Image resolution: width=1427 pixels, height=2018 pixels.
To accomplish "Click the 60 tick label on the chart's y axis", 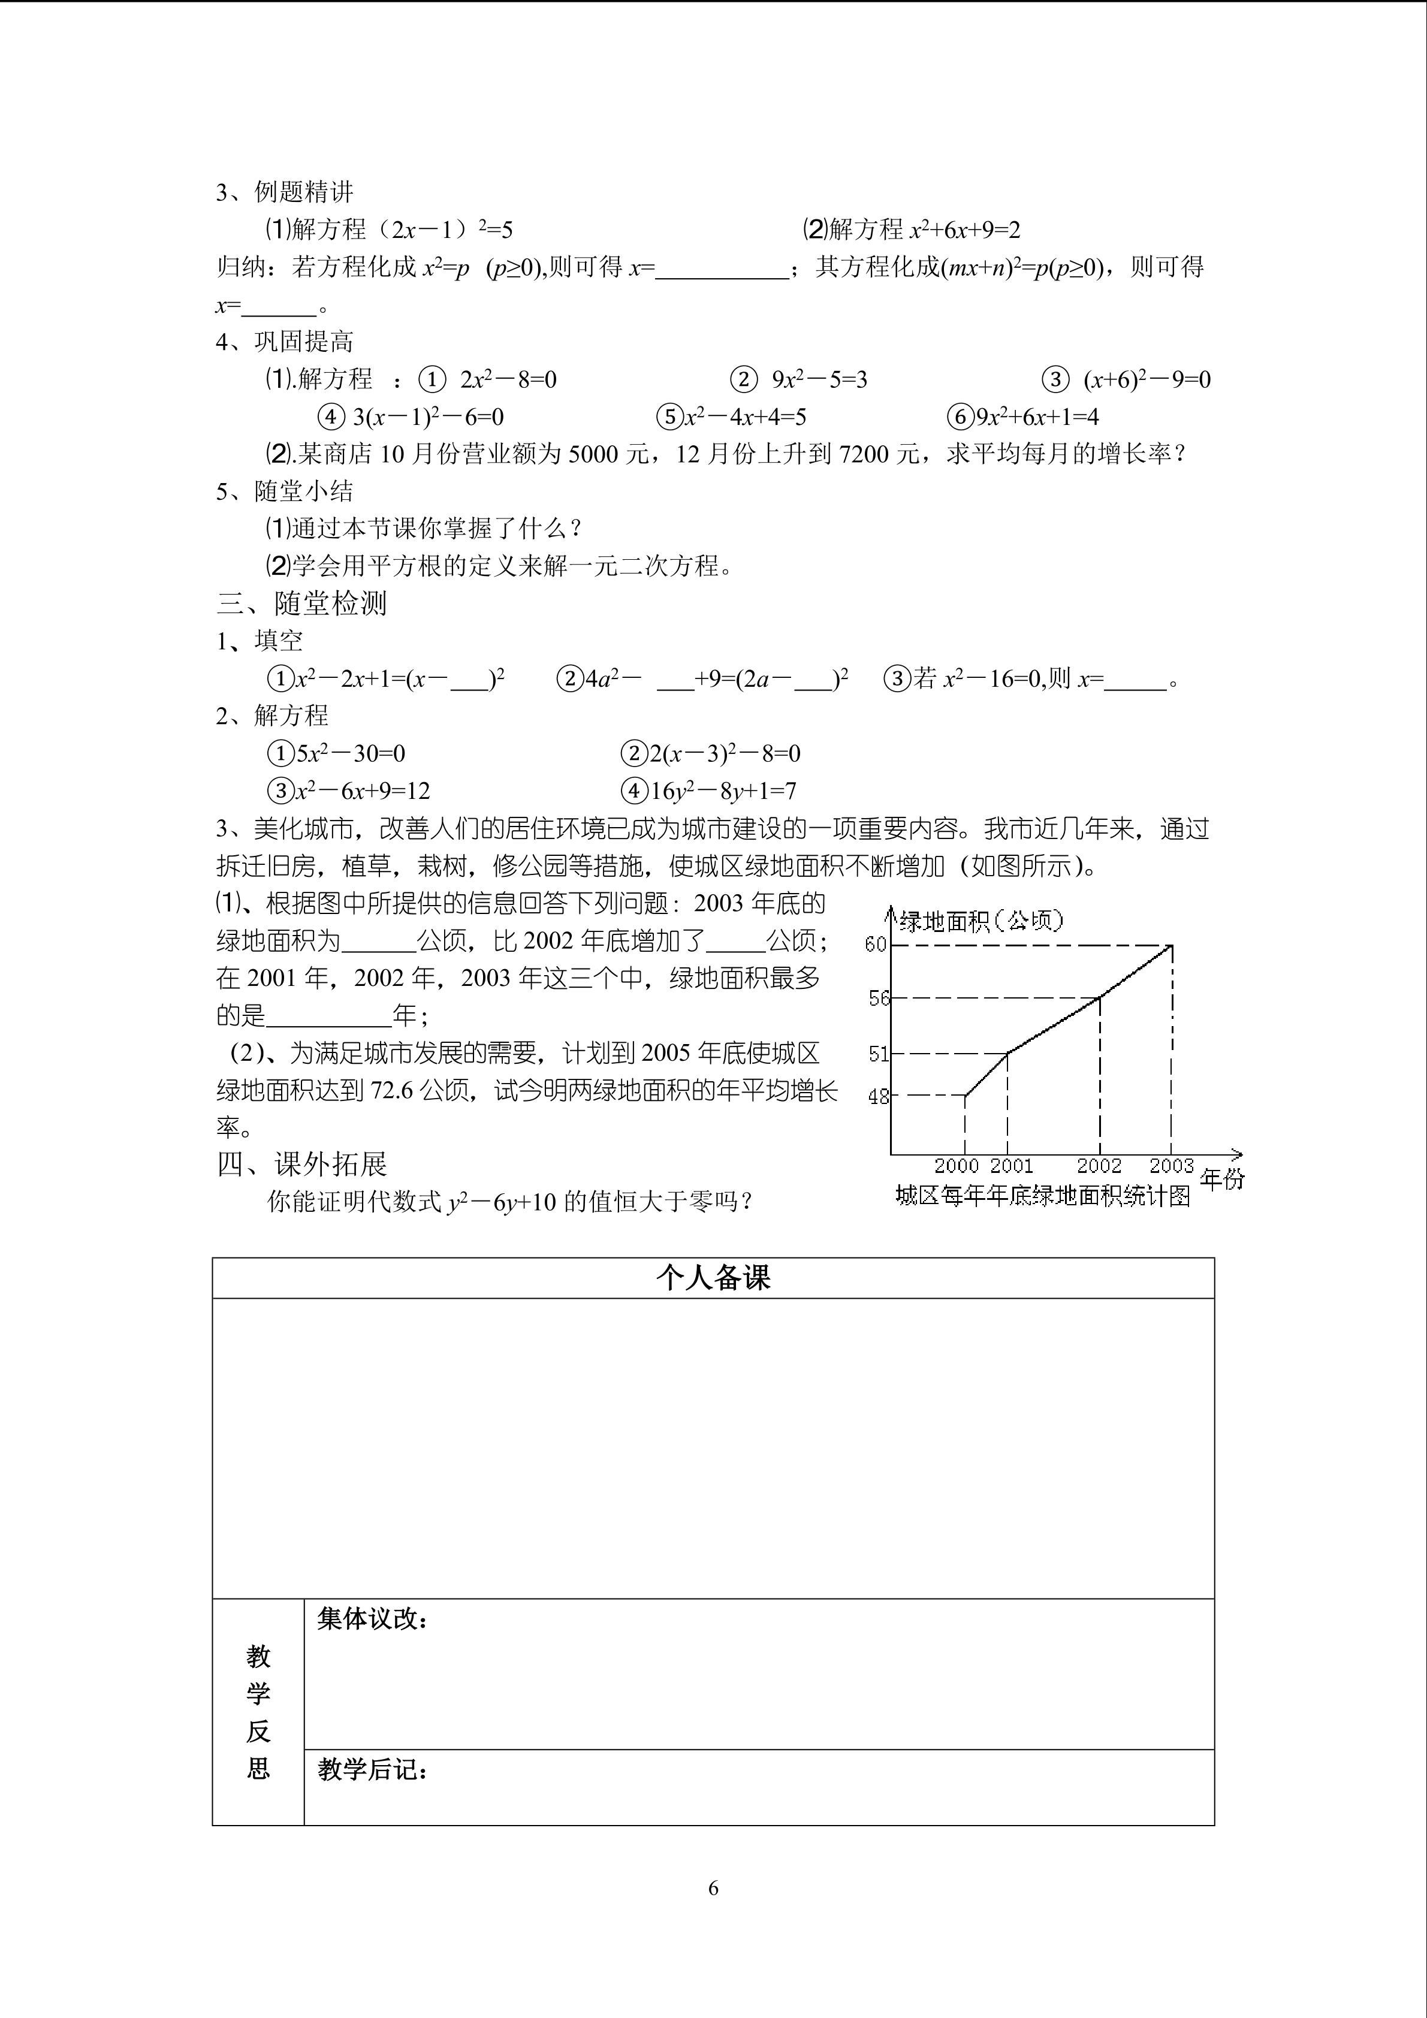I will [x=876, y=944].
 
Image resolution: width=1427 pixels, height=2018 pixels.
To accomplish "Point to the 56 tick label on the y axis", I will [x=879, y=999].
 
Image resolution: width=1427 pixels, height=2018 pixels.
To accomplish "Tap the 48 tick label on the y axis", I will [x=879, y=1097].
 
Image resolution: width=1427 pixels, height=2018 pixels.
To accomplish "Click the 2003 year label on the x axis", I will [x=1171, y=1166].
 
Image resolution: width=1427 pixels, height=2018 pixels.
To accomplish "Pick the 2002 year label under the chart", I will [x=1099, y=1166].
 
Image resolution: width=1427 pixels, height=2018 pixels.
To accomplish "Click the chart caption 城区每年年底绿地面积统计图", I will [x=1043, y=1196].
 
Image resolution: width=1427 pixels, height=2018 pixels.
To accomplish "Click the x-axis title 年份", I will [x=1222, y=1180].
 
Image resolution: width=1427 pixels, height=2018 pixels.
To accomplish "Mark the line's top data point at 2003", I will [x=1171, y=946].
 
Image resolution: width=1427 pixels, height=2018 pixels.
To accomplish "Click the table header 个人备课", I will [x=713, y=1278].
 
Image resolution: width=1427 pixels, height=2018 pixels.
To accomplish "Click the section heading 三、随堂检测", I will [x=301, y=603].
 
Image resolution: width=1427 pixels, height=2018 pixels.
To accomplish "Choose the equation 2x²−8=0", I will [x=508, y=380].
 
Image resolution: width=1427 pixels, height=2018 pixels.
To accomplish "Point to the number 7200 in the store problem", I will [x=864, y=454].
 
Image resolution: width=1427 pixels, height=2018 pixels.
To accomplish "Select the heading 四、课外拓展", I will [x=301, y=1165].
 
